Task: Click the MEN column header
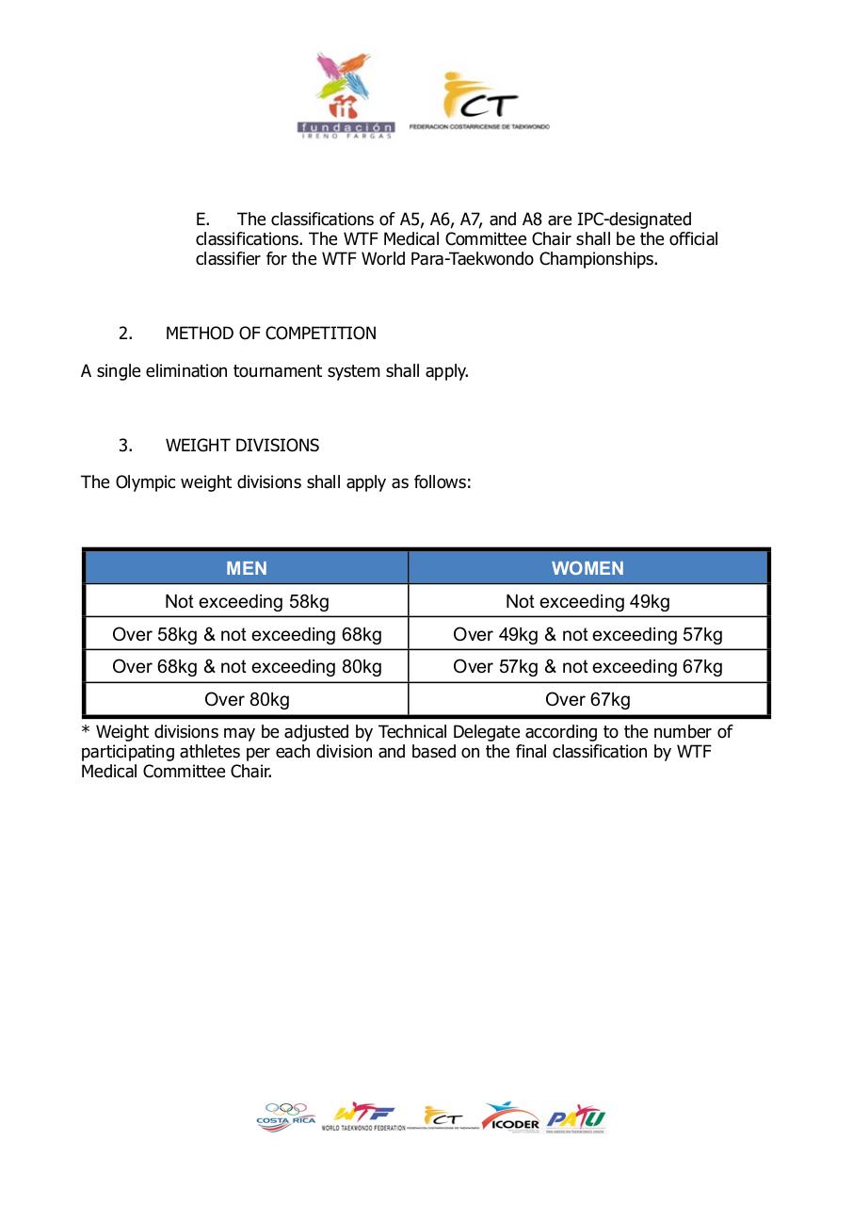tap(247, 568)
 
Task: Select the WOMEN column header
tap(587, 568)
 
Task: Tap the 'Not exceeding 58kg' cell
tap(247, 601)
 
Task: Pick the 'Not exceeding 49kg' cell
tap(587, 601)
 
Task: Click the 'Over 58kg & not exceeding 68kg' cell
tap(247, 634)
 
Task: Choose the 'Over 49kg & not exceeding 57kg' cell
tap(587, 634)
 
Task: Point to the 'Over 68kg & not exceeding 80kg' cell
tap(247, 667)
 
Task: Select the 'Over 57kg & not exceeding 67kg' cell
tap(587, 667)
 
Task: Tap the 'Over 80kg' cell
tap(247, 699)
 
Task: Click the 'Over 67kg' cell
tap(587, 699)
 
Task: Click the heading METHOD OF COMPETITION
tap(270, 334)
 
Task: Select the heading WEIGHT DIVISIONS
tap(242, 446)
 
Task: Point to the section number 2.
tap(125, 334)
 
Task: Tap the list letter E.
tap(201, 220)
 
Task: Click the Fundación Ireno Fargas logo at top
tap(346, 94)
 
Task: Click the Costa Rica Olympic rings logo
tap(285, 1116)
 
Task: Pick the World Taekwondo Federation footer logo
tap(362, 1116)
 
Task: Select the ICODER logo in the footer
tap(510, 1117)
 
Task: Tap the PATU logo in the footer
tap(575, 1118)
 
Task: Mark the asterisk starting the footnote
tap(86, 731)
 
